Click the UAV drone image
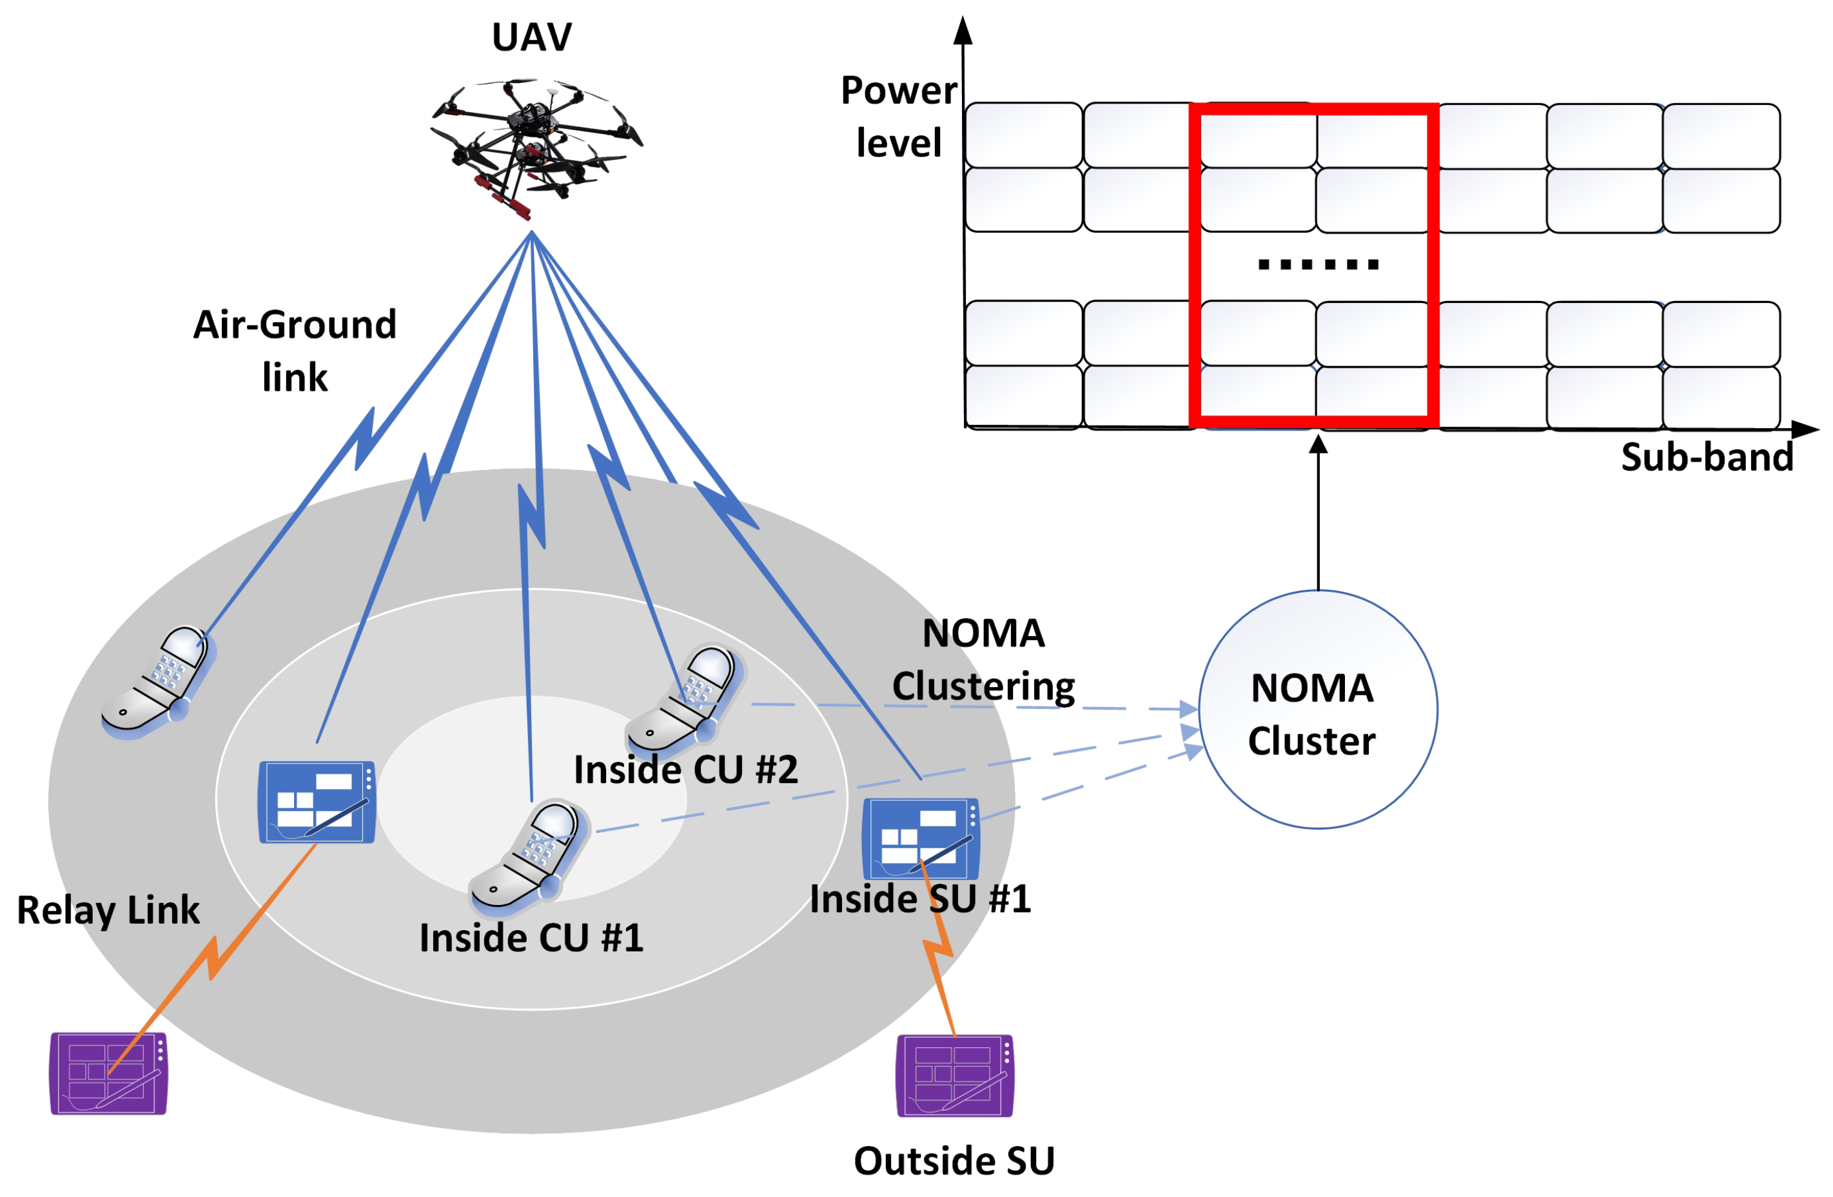pos(535,146)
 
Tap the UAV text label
pos(531,37)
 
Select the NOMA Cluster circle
pos(1318,710)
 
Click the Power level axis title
pos(898,117)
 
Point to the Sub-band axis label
pos(1707,457)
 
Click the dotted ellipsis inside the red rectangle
pos(1318,265)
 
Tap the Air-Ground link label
pos(295,350)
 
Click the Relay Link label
pos(108,910)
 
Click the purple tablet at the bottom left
pos(108,1073)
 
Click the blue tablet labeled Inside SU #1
pos(921,839)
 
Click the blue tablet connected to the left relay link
pos(317,802)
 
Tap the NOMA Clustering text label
pos(983,659)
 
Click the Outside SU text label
pos(954,1161)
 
